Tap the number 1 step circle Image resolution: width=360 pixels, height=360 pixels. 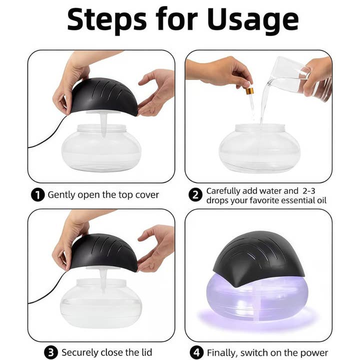pos(37,195)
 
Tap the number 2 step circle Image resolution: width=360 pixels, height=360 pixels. pos(195,195)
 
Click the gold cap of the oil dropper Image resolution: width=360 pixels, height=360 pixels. pos(249,91)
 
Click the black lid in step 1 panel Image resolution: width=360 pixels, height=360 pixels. pos(105,95)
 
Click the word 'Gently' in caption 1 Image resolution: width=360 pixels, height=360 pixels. pos(62,195)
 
